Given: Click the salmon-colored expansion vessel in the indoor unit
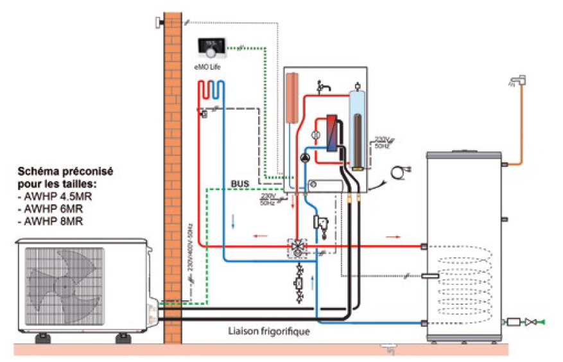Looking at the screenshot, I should point(293,97).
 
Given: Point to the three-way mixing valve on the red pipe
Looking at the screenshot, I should point(297,246).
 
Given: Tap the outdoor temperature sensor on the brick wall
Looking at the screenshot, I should point(158,23).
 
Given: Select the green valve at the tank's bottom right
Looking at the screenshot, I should point(540,322).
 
